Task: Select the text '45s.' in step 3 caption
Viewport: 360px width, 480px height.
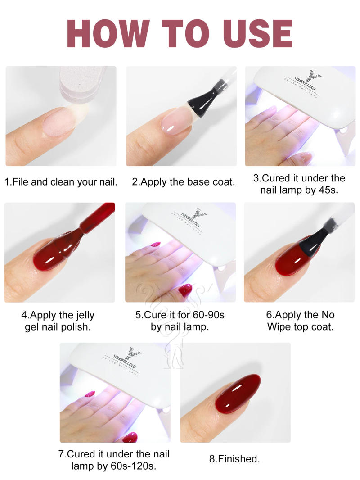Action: tap(328, 190)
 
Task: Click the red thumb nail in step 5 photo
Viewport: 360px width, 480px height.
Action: tap(185, 290)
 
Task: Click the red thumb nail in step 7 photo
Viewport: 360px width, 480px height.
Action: tap(130, 437)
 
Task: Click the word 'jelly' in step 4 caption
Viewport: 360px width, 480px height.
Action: tap(82, 315)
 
